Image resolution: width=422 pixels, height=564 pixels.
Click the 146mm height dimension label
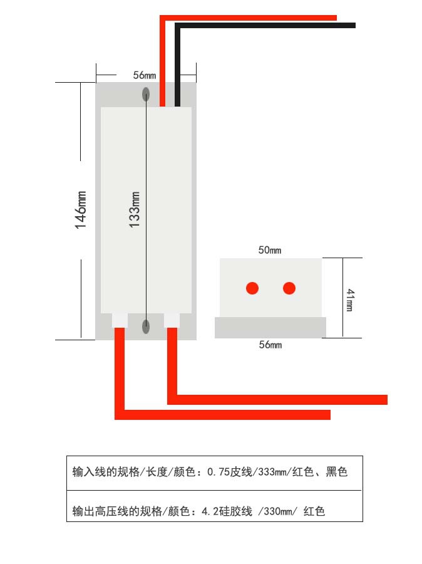tap(81, 210)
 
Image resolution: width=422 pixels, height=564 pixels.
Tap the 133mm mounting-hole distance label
tap(135, 209)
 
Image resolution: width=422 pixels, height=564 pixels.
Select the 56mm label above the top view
tap(145, 75)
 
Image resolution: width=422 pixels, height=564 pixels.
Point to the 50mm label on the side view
tap(270, 250)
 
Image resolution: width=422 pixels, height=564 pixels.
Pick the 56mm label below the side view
tap(270, 345)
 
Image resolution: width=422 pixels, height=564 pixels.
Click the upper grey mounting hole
tap(146, 95)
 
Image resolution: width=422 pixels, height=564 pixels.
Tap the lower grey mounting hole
tap(146, 326)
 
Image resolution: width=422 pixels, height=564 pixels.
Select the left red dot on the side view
tap(252, 288)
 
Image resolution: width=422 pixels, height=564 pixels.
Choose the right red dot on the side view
tap(289, 288)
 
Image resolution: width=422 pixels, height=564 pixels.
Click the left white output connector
tap(120, 320)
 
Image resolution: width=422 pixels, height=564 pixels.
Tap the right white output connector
tap(172, 320)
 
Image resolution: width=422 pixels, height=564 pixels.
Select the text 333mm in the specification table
tap(272, 471)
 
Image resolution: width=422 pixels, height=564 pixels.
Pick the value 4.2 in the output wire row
tap(210, 511)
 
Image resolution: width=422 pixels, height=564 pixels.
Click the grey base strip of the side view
tap(270, 327)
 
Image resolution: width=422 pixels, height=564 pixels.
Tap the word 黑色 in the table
tap(336, 471)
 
